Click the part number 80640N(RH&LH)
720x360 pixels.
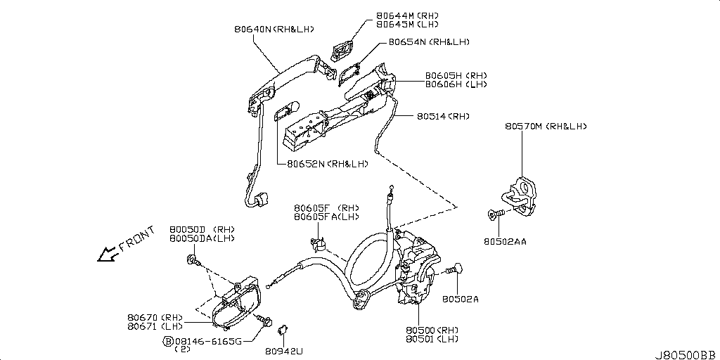(274, 30)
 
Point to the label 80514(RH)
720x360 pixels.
(442, 116)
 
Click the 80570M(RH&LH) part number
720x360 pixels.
(545, 127)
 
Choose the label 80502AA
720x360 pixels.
(505, 241)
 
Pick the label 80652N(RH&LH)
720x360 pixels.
(327, 164)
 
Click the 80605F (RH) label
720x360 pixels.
(326, 208)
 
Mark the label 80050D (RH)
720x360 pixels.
(202, 230)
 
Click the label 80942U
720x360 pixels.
(284, 349)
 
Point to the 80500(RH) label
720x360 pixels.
(431, 330)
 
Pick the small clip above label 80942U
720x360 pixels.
(285, 328)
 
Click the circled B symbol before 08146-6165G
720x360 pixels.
(168, 341)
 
